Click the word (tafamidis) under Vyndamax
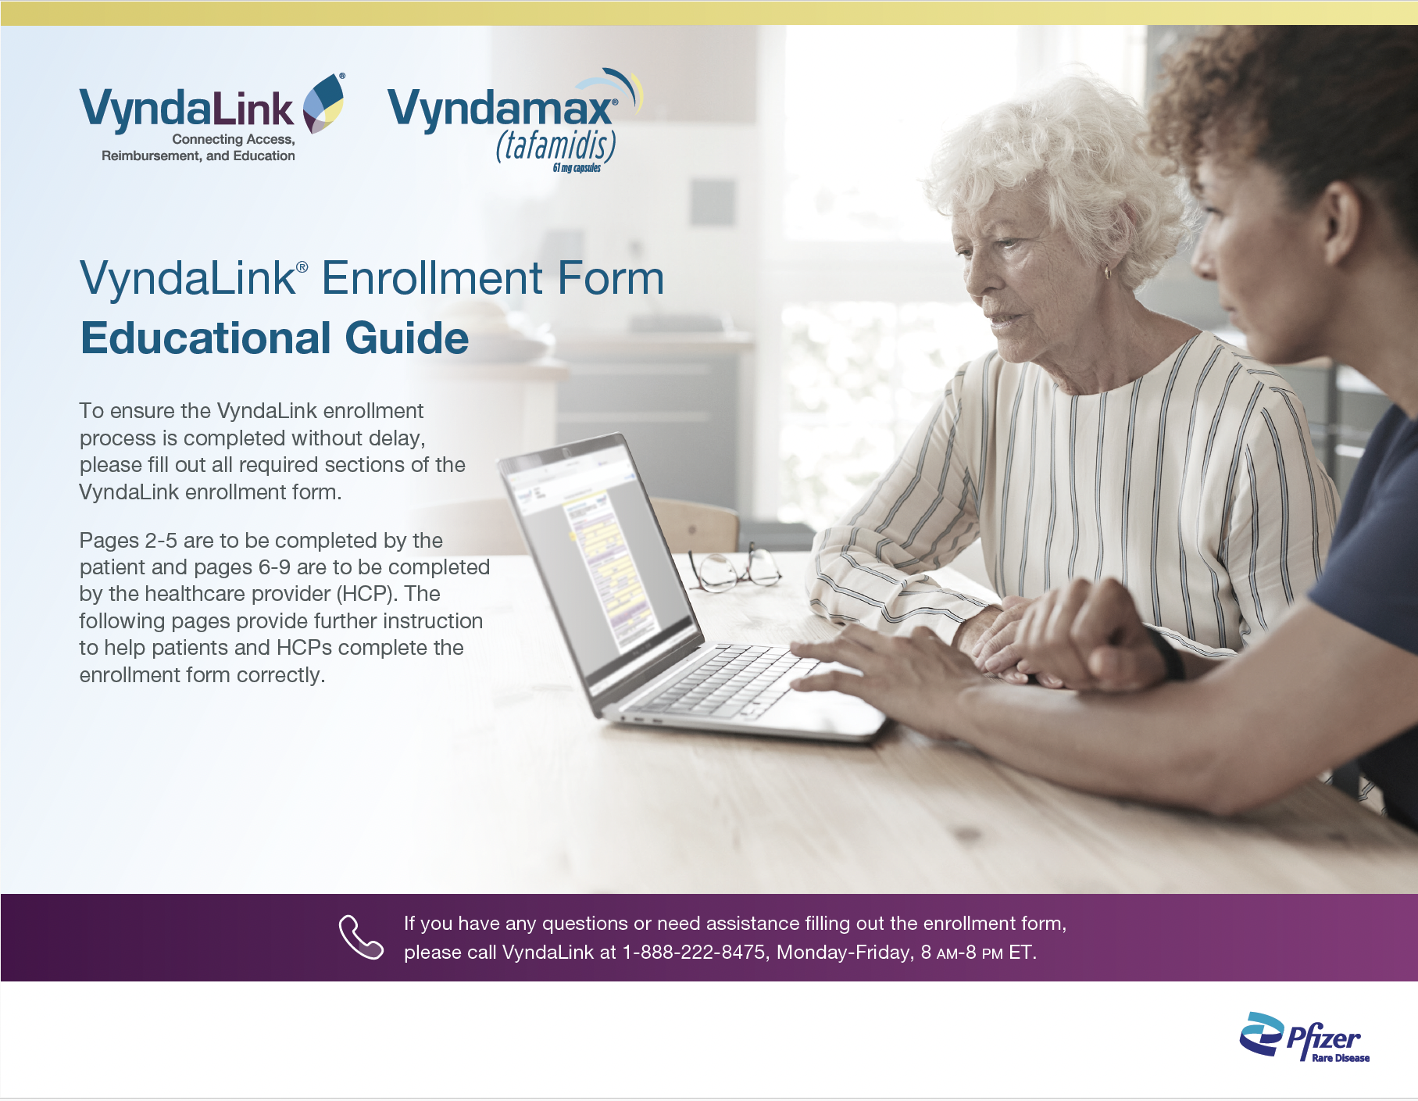coord(555,146)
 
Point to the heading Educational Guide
coord(274,338)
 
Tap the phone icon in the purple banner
coord(361,936)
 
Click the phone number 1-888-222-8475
coord(694,953)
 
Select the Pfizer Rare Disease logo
coord(1304,1037)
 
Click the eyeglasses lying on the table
coord(734,569)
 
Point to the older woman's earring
coord(1106,273)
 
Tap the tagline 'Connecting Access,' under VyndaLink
coord(234,140)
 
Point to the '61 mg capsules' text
coord(577,168)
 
